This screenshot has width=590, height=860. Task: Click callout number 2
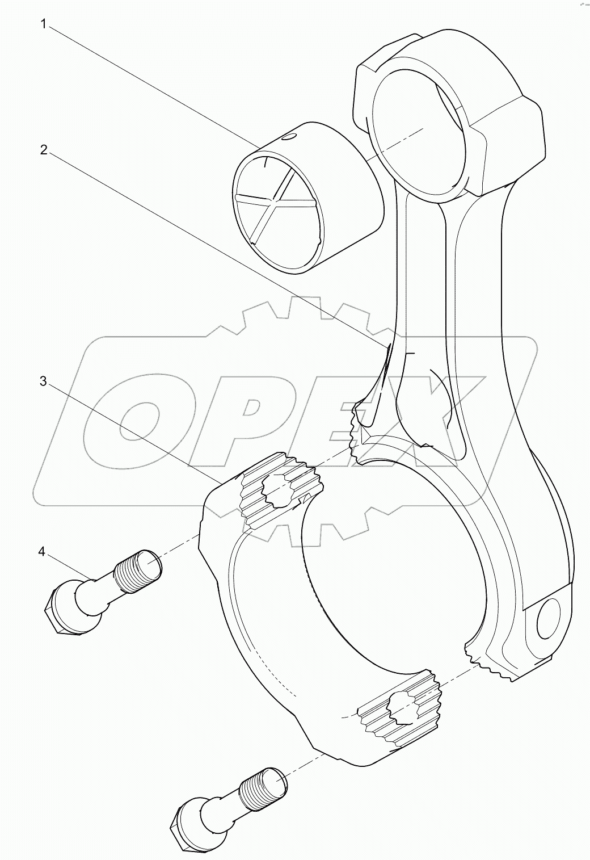coord(44,150)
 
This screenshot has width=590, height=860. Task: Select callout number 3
coord(44,381)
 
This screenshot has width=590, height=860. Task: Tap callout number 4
coord(41,552)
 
